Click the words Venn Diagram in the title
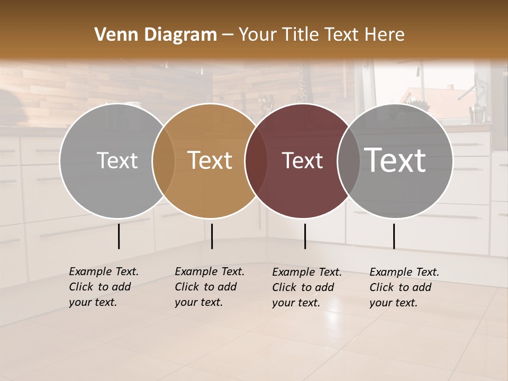pyautogui.click(x=156, y=35)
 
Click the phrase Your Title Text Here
pyautogui.click(x=321, y=35)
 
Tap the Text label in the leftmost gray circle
pyautogui.click(x=117, y=161)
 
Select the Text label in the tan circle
pyautogui.click(x=210, y=161)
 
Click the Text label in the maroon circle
pyautogui.click(x=302, y=161)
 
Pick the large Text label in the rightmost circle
pyautogui.click(x=395, y=160)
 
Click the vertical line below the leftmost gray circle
pyautogui.click(x=119, y=236)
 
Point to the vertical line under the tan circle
pyautogui.click(x=212, y=236)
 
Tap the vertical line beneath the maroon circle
pyautogui.click(x=305, y=236)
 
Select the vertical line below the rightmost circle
pyautogui.click(x=394, y=236)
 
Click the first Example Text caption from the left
pyautogui.click(x=104, y=287)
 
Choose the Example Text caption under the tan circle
pyautogui.click(x=210, y=287)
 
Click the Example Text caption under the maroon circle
pyautogui.click(x=307, y=287)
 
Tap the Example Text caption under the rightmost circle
pyautogui.click(x=404, y=287)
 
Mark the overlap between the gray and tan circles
pyautogui.click(x=163, y=161)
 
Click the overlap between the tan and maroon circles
pyautogui.click(x=255, y=161)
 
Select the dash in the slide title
pyautogui.click(x=227, y=35)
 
